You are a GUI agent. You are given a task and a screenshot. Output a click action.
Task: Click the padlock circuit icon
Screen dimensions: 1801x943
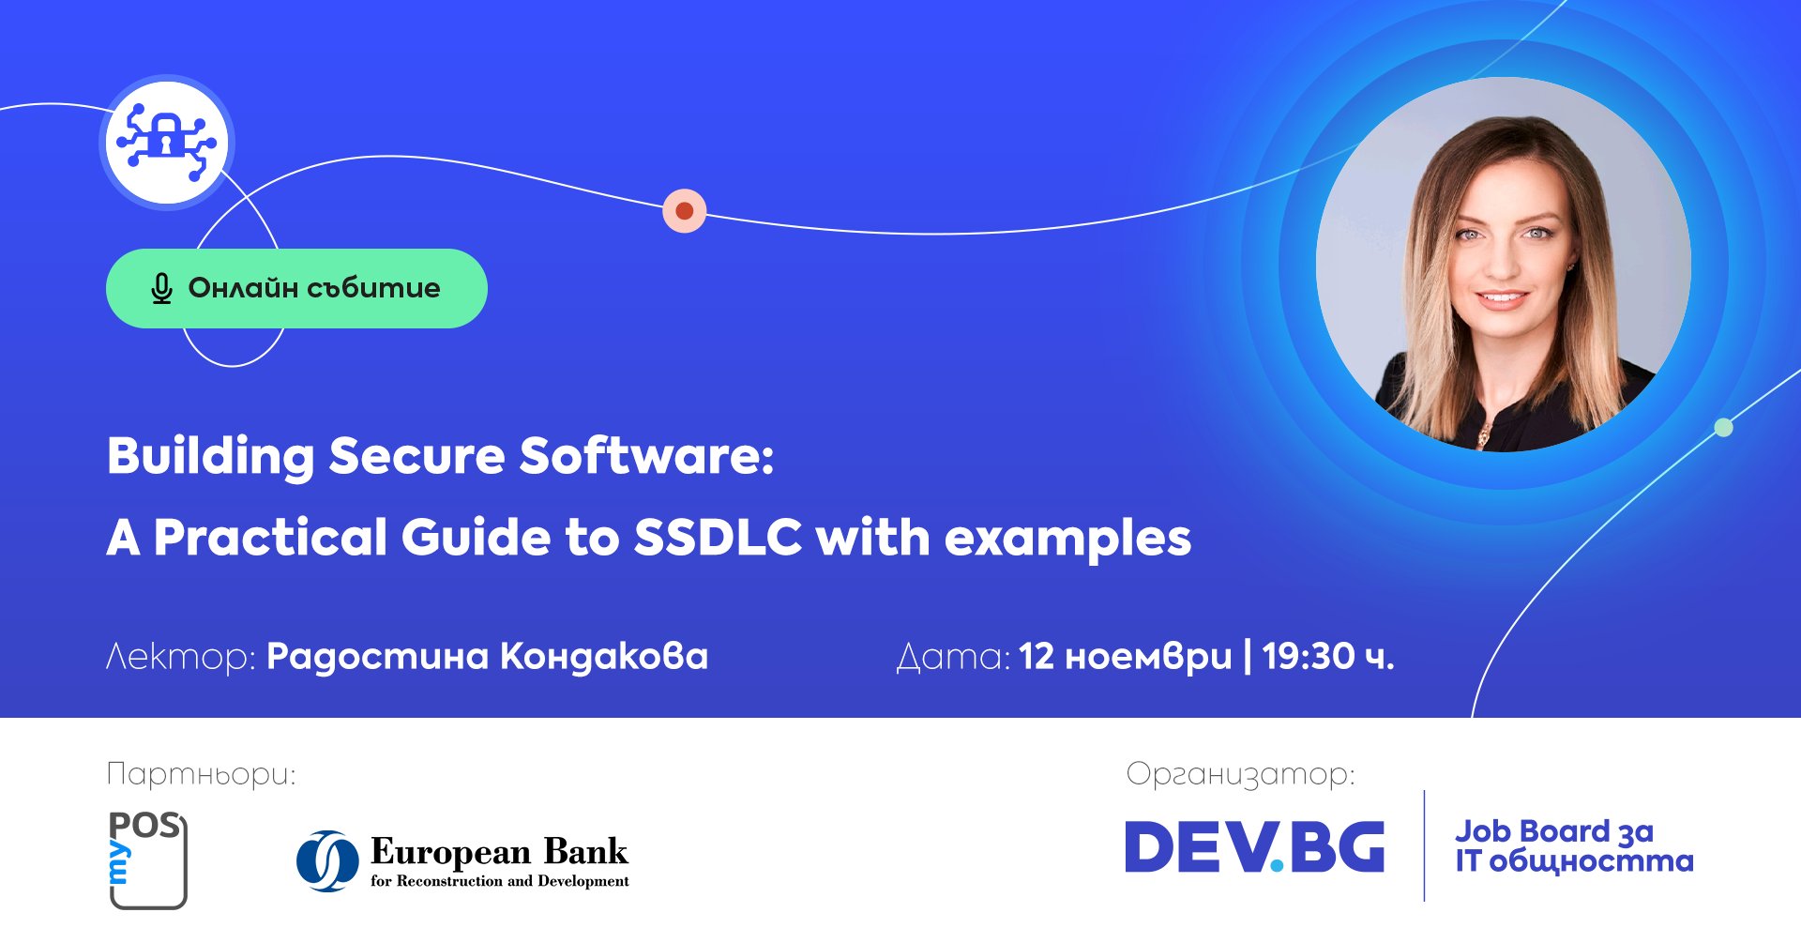coord(167,142)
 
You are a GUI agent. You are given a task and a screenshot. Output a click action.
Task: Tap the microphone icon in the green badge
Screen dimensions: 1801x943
coord(161,289)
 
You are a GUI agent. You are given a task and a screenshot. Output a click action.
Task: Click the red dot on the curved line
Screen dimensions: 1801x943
coord(685,211)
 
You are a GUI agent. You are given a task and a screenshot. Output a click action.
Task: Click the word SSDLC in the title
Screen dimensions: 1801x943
coord(719,538)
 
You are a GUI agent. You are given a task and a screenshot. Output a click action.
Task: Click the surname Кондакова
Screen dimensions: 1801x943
coord(604,657)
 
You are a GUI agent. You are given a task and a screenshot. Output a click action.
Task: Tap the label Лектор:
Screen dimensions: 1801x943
coord(181,657)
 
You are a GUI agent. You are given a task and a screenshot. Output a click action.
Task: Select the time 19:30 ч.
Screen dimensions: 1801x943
coord(1328,657)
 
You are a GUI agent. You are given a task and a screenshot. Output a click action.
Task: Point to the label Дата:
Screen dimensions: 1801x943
coord(953,658)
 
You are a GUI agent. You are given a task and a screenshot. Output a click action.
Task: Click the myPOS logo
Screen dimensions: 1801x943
coord(148,859)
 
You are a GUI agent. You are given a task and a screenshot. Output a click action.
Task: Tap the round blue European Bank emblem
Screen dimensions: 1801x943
coord(327,860)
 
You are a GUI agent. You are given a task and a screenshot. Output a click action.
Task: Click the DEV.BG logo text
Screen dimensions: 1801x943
coord(1255,846)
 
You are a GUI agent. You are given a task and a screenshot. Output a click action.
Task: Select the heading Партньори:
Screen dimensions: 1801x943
coord(201,775)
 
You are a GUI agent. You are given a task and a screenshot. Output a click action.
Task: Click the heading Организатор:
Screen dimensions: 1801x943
coord(1240,775)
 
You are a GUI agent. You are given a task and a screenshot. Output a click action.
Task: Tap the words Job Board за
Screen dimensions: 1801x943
coord(1554,831)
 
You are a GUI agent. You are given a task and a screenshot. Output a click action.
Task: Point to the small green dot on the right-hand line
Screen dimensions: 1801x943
coord(1723,428)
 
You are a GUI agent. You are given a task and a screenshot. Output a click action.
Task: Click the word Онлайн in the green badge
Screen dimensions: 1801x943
coord(243,287)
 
